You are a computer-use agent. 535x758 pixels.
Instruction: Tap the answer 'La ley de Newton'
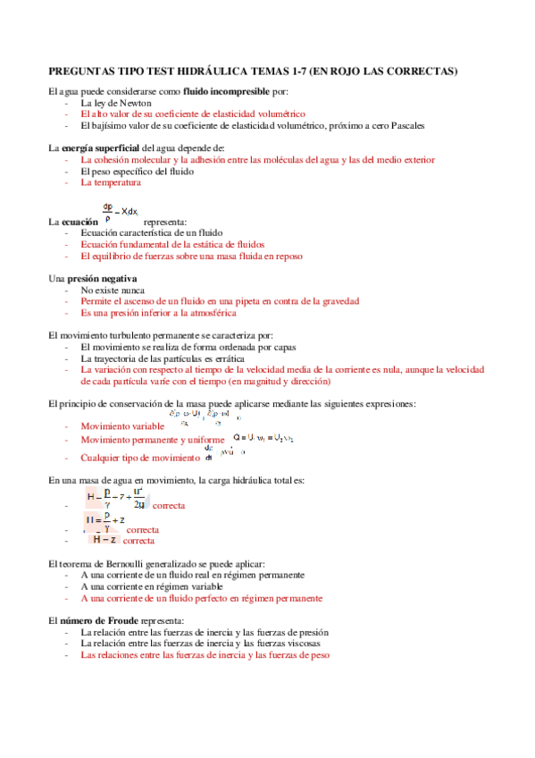115,103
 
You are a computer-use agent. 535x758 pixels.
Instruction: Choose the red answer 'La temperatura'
111,182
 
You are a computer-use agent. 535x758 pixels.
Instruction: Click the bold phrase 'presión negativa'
102,279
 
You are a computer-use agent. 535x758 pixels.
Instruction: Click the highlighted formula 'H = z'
105,539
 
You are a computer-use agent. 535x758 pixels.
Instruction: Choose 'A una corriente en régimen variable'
155,586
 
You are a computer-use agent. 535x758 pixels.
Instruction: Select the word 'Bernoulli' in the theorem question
113,563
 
